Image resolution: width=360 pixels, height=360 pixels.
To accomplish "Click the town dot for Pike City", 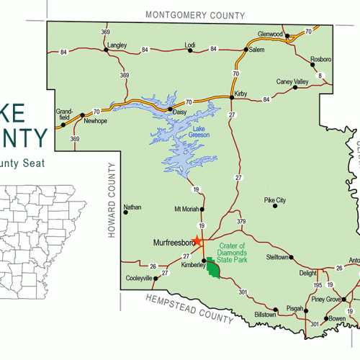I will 274,206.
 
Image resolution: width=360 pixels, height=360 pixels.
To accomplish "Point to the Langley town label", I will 116,45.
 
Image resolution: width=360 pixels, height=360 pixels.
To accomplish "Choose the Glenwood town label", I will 271,34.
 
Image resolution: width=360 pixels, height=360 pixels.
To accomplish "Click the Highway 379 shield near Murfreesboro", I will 241,221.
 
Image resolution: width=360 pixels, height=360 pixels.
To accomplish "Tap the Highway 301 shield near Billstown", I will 243,292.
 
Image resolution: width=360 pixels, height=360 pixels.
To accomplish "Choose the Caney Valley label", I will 292,82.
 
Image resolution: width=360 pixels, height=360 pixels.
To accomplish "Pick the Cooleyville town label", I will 139,278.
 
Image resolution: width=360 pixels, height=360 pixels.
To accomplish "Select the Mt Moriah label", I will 186,210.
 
